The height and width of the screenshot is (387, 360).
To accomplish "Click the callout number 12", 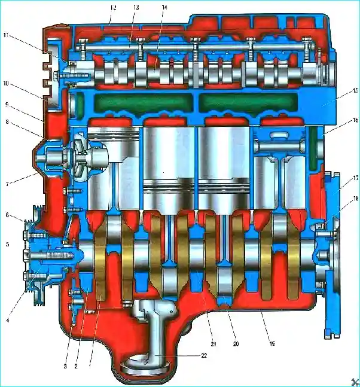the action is tap(113, 8).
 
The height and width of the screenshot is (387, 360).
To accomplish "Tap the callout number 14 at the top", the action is tap(164, 7).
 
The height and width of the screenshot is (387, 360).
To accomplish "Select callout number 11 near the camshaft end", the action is tap(6, 35).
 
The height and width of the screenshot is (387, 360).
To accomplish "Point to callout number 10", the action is tap(5, 83).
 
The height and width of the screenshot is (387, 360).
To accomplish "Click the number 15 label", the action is tap(355, 90).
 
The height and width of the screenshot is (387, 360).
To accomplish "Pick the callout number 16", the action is tap(355, 120).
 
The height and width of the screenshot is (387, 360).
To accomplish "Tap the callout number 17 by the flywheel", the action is tap(356, 178).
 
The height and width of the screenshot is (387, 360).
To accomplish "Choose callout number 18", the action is tap(356, 198).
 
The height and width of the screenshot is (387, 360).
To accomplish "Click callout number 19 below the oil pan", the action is tap(272, 343).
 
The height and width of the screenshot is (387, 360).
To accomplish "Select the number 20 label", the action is tap(236, 343).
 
